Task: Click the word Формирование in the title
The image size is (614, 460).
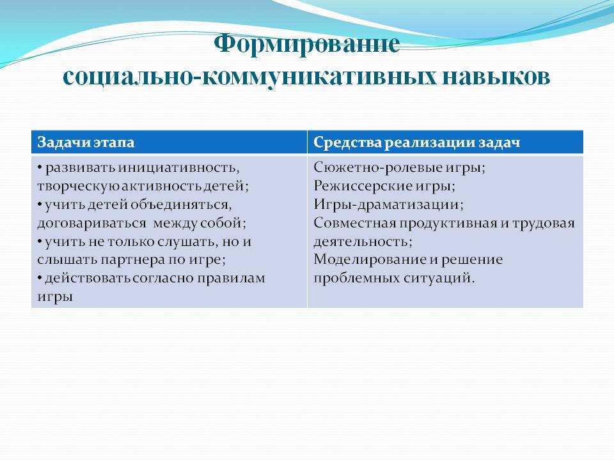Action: (307, 44)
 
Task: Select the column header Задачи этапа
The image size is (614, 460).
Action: (86, 142)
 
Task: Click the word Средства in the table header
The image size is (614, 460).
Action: (347, 142)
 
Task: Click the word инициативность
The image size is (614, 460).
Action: (178, 168)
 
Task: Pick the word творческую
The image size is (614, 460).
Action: (78, 187)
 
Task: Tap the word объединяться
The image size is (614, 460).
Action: (181, 205)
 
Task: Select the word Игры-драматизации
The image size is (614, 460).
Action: (388, 205)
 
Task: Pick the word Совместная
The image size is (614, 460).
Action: (355, 224)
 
